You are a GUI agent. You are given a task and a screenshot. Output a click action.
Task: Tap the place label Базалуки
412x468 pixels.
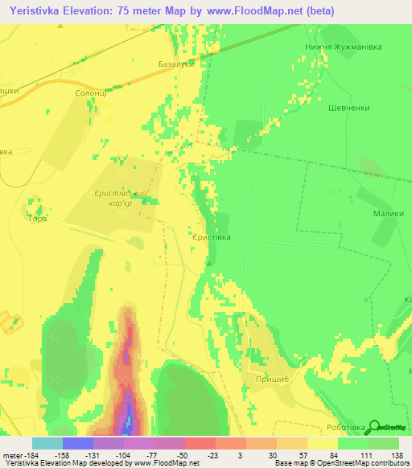[176, 64]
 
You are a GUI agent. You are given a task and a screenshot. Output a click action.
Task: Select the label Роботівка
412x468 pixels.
[346, 428]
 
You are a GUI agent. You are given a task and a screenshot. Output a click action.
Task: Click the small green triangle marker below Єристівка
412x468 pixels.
[210, 263]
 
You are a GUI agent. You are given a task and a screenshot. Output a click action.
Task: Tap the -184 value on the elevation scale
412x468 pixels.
[29, 454]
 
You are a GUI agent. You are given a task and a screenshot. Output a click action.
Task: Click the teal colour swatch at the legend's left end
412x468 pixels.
[47, 443]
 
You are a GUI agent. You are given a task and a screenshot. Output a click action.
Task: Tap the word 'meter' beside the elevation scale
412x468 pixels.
[11, 454]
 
